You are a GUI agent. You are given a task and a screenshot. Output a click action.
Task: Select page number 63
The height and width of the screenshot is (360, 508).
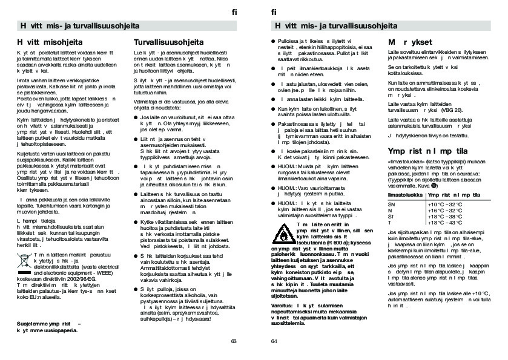[x=234, y=341]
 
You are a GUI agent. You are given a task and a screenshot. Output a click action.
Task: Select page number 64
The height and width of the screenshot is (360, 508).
[x=274, y=341]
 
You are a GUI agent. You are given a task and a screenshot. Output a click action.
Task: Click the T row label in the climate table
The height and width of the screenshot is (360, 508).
[x=390, y=223]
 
